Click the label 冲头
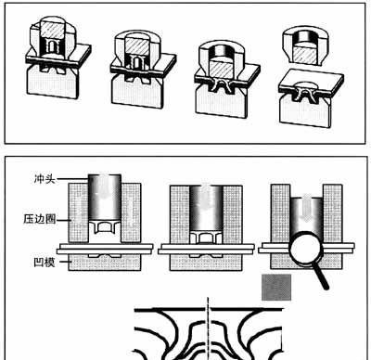pyautogui.click(x=45, y=179)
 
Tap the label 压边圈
pyautogui.click(x=40, y=219)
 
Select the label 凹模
pyautogui.click(x=45, y=263)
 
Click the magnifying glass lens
pyautogui.click(x=306, y=248)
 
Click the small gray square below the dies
pyautogui.click(x=276, y=287)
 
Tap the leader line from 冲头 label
pyautogui.click(x=72, y=179)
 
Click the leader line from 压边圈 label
pyautogui.click(x=64, y=220)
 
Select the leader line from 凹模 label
pyautogui.click(x=64, y=262)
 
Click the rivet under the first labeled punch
pyautogui.click(x=105, y=227)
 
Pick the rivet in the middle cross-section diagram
pyautogui.click(x=205, y=237)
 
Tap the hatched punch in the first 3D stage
pyautogui.click(x=53, y=30)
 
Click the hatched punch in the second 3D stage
pyautogui.click(x=137, y=45)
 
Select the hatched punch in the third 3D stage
pyautogui.click(x=221, y=69)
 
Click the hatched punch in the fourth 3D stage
pyautogui.click(x=305, y=54)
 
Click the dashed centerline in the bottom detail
pyautogui.click(x=208, y=328)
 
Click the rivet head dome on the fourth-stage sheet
pyautogui.click(x=306, y=84)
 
